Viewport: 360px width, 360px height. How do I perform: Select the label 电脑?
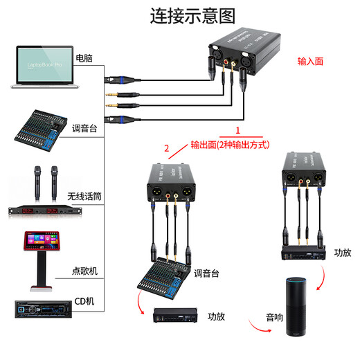click(84, 57)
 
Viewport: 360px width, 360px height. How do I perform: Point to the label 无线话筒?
click(84, 197)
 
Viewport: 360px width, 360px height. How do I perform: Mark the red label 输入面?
click(311, 61)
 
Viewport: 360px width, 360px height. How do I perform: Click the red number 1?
click(238, 130)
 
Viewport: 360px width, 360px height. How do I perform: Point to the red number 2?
click(166, 147)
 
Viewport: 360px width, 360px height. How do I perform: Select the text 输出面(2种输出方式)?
click(229, 145)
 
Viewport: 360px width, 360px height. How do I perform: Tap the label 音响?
click(274, 318)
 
